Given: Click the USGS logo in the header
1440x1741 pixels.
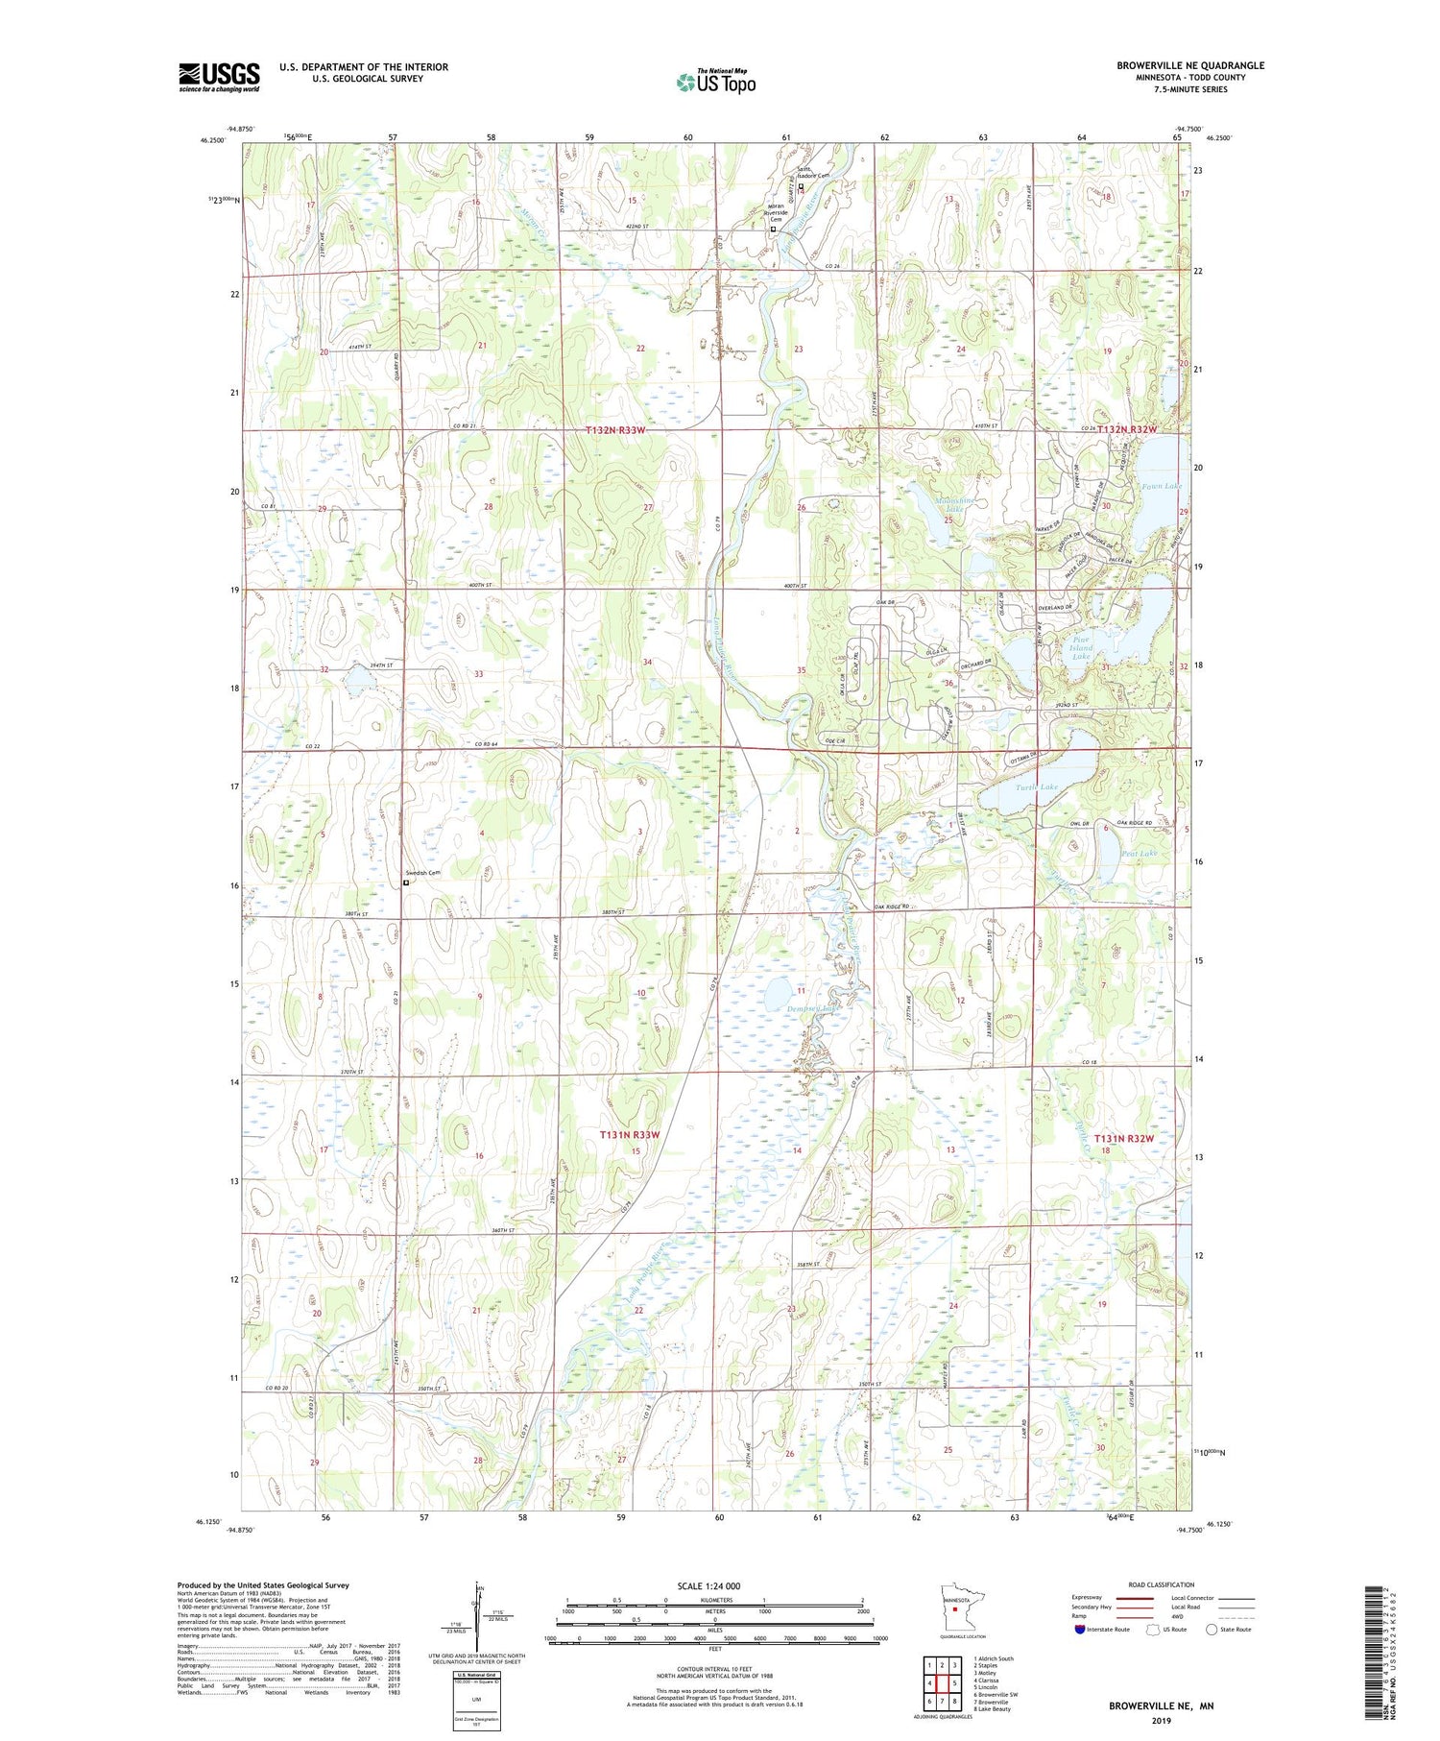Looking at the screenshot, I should tap(219, 77).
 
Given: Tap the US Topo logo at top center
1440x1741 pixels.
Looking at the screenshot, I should tap(715, 83).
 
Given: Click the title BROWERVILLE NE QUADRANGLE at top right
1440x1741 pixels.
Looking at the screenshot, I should tap(1189, 65).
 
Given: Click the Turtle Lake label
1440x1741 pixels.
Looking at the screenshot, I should tap(1036, 787).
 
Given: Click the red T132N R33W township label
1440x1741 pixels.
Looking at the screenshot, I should tap(615, 431).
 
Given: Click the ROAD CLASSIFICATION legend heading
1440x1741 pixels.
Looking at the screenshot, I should tap(1162, 1584).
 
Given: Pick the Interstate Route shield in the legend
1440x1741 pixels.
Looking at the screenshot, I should tap(1080, 1629).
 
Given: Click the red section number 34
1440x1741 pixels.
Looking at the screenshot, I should tap(648, 663).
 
